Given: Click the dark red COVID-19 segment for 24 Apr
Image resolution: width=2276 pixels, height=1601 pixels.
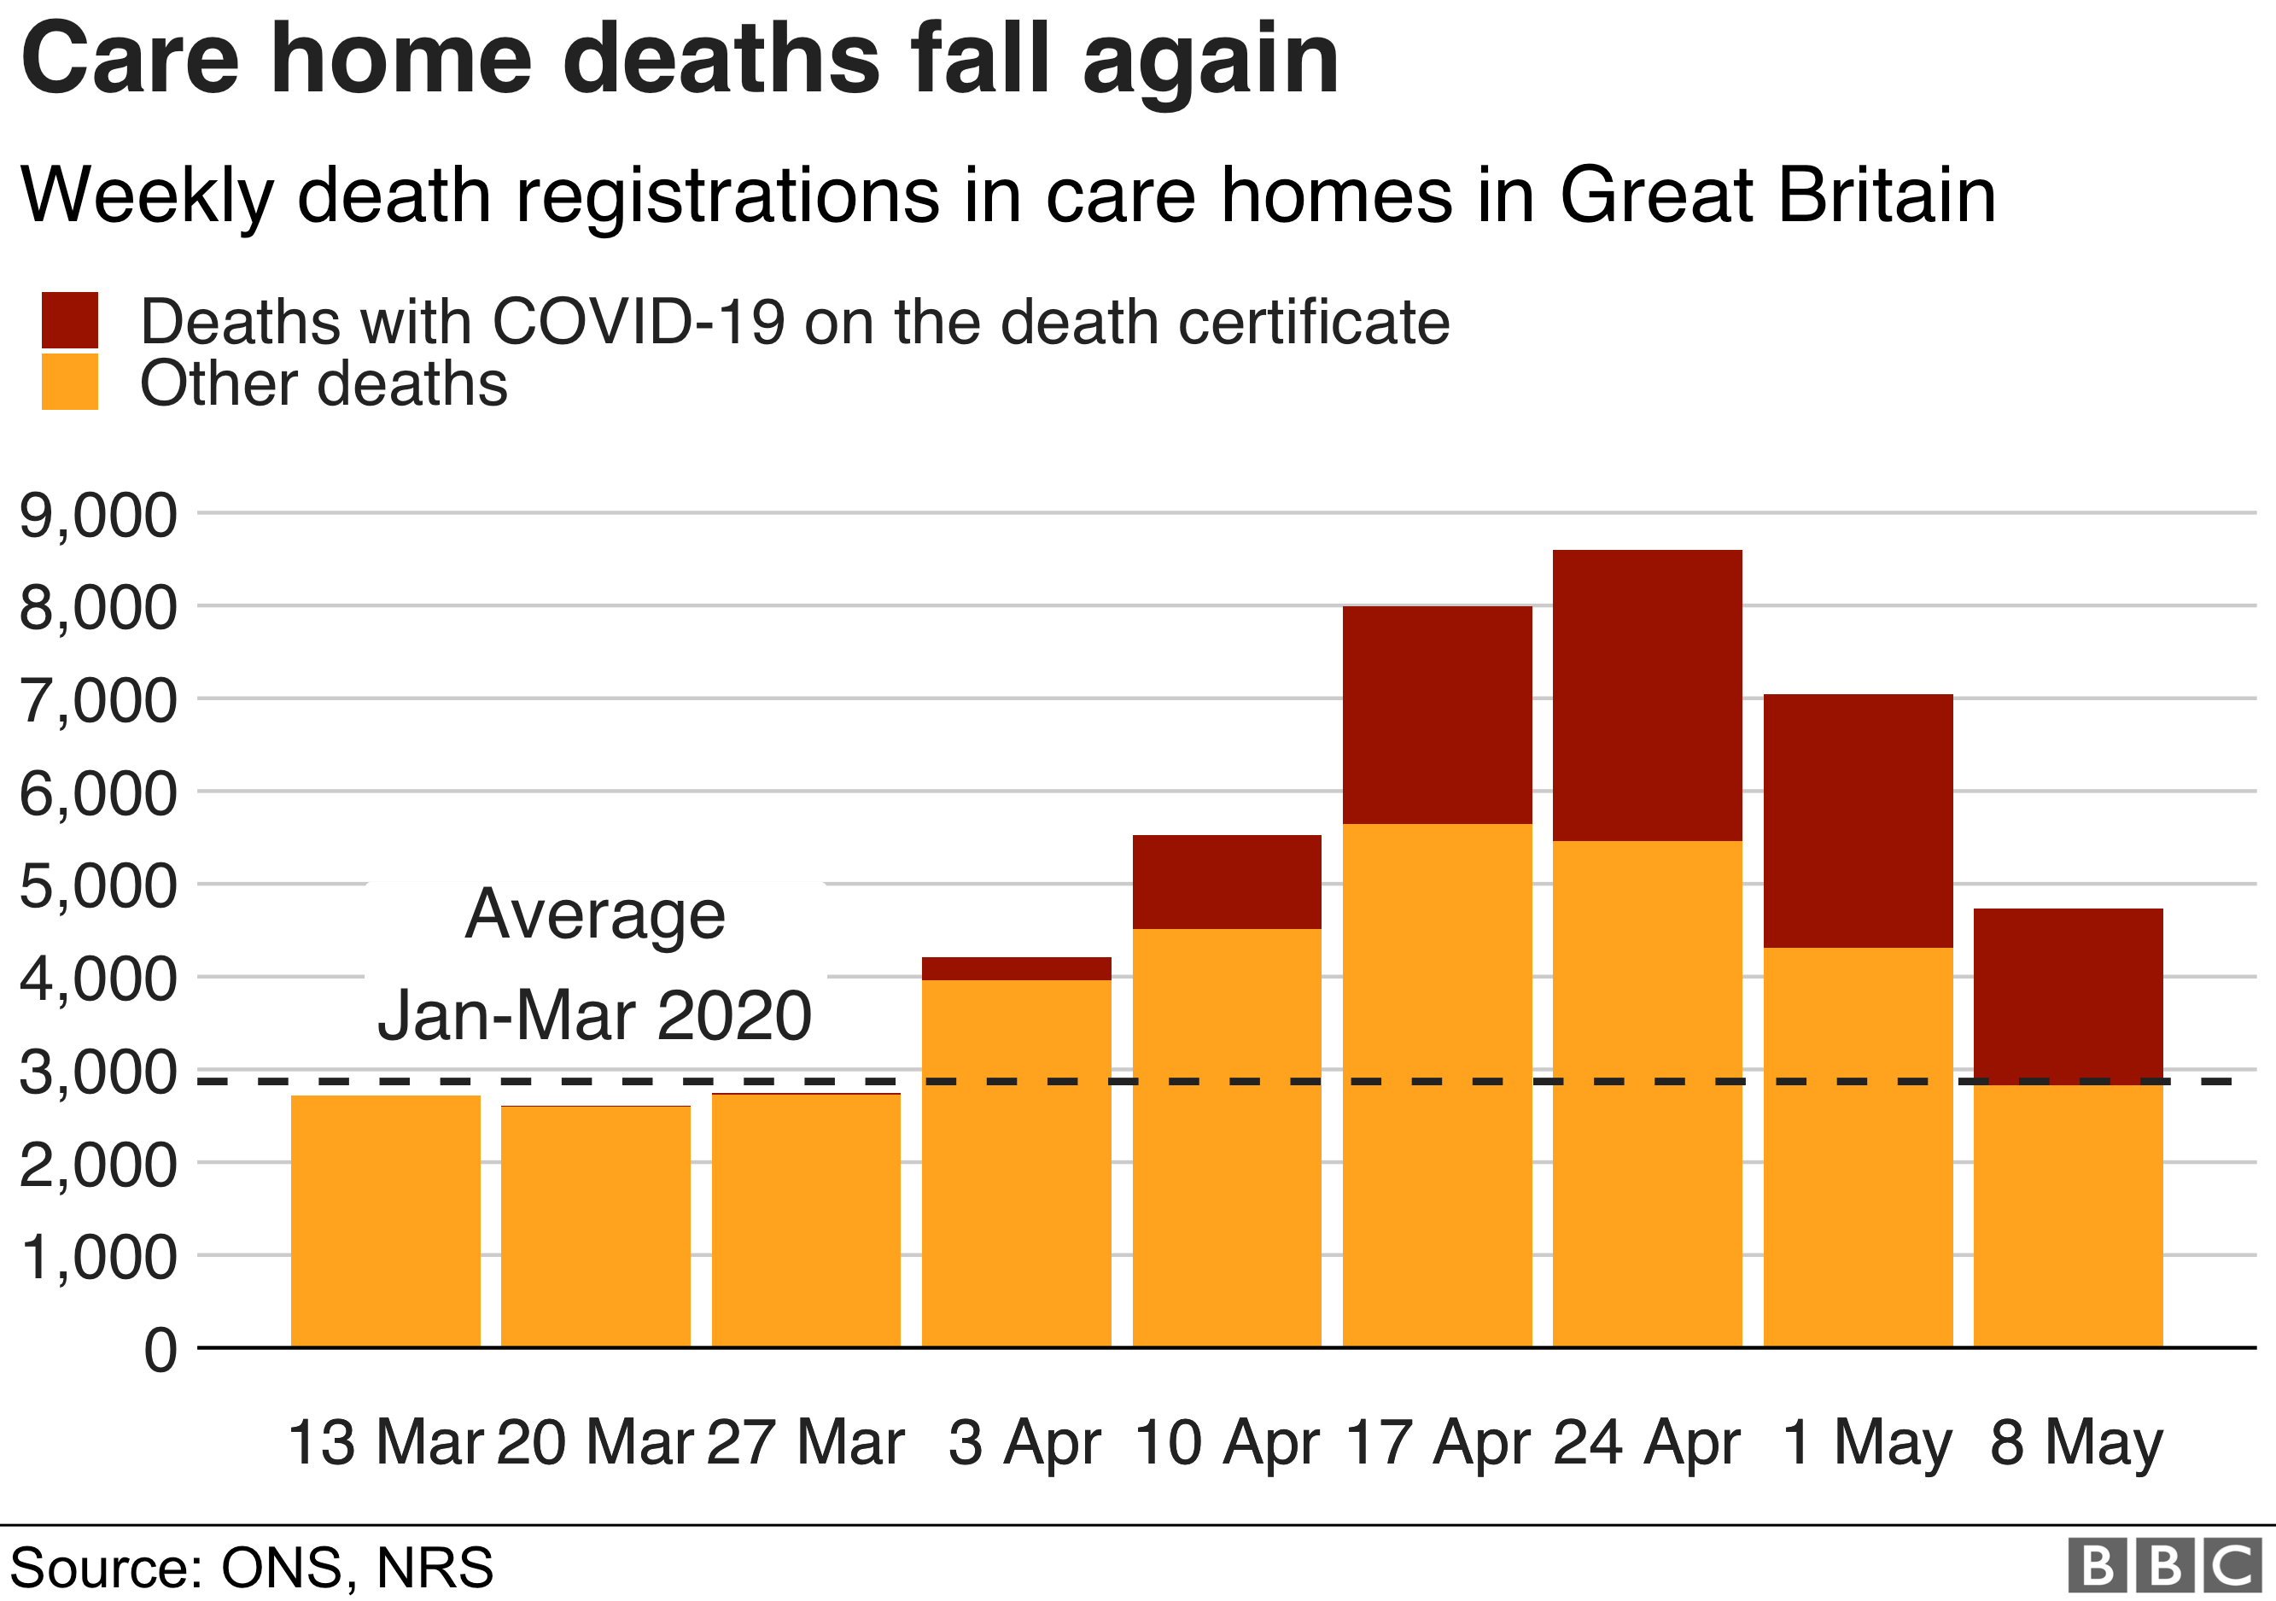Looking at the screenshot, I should pos(1647,695).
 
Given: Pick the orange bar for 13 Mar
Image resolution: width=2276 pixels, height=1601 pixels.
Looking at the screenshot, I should pos(386,1220).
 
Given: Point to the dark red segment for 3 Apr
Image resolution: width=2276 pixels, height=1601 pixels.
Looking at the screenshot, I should pos(1016,968).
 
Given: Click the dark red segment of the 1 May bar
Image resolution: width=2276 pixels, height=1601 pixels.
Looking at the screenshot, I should pos(1858,820).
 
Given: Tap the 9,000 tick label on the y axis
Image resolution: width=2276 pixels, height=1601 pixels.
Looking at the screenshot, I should pos(98,516).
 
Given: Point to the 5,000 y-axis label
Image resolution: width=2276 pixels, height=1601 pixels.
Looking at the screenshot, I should pos(98,886).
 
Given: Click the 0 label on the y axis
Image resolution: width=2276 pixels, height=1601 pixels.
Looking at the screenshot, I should pos(160,1350).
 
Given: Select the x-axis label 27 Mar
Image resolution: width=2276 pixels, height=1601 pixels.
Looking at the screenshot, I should pos(805,1442).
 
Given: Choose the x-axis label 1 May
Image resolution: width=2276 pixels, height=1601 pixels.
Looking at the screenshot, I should pos(1866,1442).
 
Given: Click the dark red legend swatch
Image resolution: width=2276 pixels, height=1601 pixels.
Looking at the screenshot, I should pos(69,320).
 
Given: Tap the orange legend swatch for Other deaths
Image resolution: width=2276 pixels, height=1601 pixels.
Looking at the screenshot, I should pos(69,382).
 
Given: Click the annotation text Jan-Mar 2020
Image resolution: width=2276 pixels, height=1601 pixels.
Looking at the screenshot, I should pos(595,1015).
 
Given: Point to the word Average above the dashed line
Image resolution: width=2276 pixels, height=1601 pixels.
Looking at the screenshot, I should pos(595,914).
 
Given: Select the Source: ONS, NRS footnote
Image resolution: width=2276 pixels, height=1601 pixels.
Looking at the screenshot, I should pos(251,1568).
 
